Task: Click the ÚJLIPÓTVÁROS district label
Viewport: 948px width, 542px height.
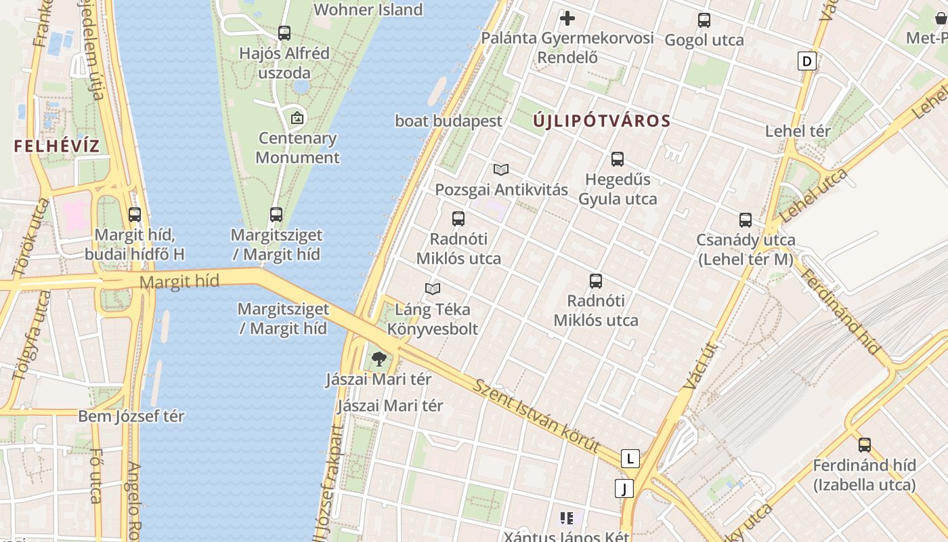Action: click(601, 122)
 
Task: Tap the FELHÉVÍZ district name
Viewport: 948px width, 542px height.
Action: click(56, 146)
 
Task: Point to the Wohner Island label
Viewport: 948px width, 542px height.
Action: click(368, 9)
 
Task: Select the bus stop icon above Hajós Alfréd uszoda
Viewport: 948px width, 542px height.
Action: click(284, 33)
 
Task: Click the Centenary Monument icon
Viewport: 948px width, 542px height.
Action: click(297, 118)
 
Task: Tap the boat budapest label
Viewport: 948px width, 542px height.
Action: click(449, 121)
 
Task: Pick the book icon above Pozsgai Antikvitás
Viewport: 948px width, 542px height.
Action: click(501, 169)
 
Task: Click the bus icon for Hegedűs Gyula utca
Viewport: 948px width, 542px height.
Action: click(618, 159)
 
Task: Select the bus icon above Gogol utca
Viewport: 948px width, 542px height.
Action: click(704, 20)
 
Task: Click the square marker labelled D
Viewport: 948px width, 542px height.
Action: click(806, 62)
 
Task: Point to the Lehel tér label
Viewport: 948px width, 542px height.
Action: click(798, 131)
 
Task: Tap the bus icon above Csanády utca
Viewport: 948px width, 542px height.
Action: click(746, 220)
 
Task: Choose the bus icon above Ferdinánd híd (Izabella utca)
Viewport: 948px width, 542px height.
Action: click(865, 445)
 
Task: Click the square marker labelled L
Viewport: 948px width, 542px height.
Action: click(630, 459)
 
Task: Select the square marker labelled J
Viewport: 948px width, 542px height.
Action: click(624, 488)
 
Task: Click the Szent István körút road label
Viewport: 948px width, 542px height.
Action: click(536, 416)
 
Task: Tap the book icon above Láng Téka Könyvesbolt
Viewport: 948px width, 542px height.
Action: click(433, 289)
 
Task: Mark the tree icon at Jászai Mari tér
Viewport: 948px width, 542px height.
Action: click(379, 359)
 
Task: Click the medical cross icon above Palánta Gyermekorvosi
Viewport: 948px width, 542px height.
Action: click(567, 18)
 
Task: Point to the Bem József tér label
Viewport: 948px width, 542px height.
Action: click(131, 416)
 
